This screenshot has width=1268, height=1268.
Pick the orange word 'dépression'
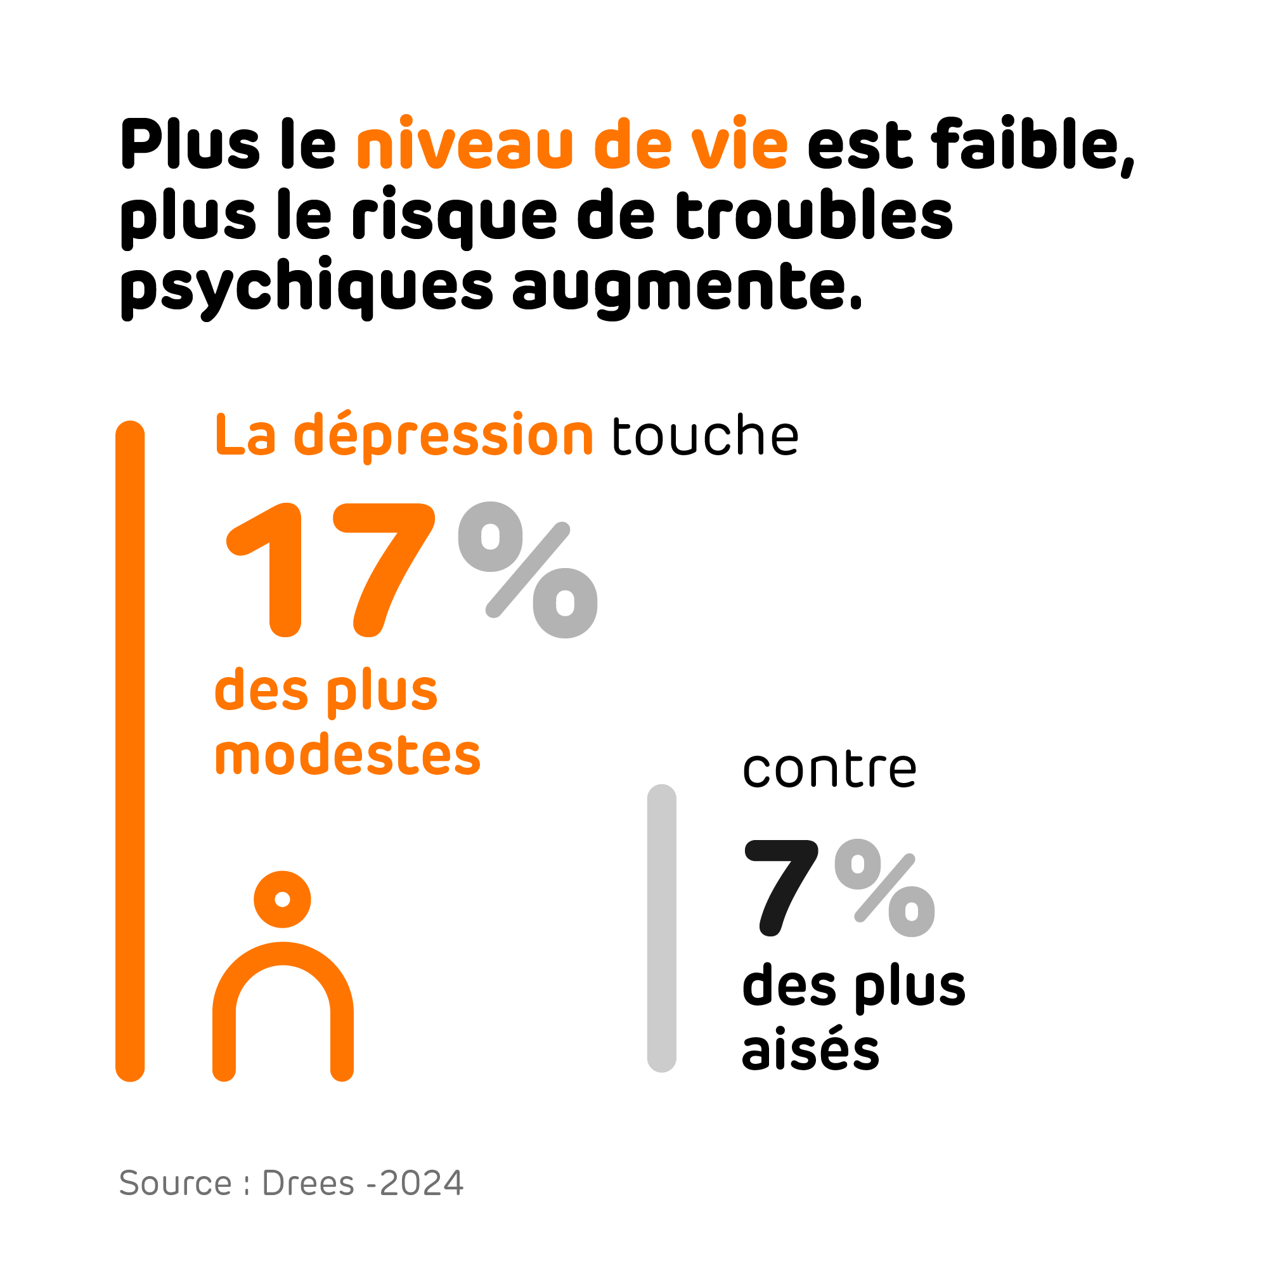tap(444, 436)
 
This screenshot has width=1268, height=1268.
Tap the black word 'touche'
tap(705, 436)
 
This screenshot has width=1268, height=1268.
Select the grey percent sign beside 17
tap(527, 570)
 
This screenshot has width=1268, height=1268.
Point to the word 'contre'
tap(829, 768)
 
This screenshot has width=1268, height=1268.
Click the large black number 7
tap(781, 888)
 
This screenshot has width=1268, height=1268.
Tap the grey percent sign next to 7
tap(884, 888)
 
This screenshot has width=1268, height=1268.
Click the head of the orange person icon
tap(282, 900)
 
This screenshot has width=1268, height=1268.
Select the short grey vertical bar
tap(661, 928)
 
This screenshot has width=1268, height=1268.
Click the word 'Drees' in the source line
tap(308, 1183)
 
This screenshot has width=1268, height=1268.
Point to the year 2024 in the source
tap(422, 1183)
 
